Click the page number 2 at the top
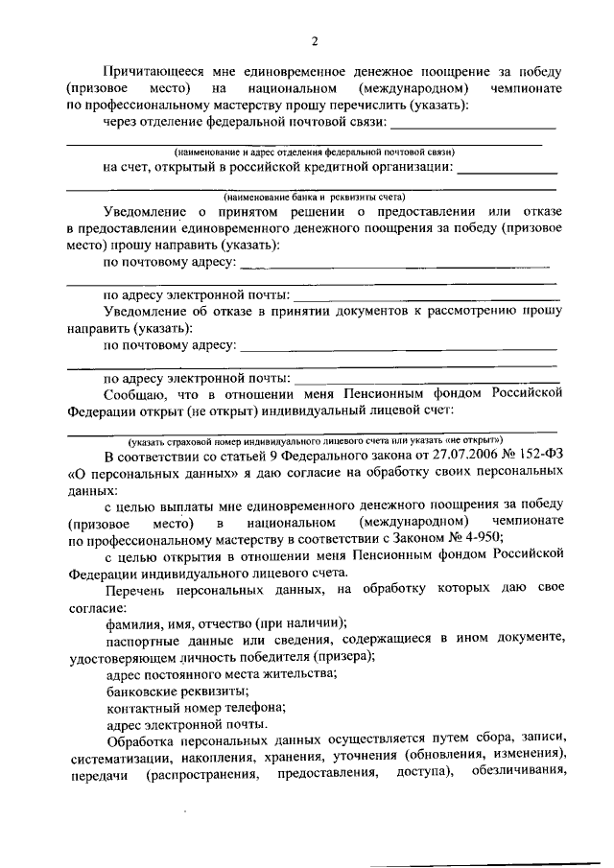coord(314,40)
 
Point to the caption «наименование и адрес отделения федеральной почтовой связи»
coord(314,152)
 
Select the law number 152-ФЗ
coord(532,457)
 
